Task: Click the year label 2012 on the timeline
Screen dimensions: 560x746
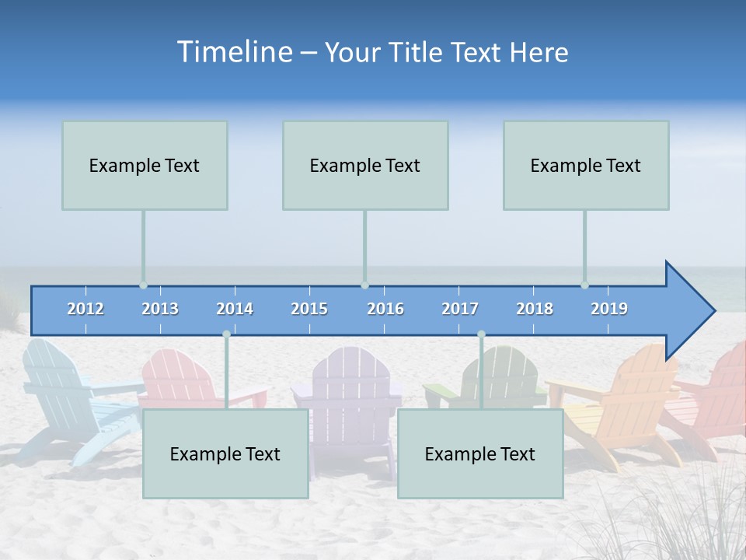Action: tap(85, 309)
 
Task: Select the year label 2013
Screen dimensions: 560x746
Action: tap(160, 309)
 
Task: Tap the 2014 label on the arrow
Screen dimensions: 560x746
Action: tap(235, 309)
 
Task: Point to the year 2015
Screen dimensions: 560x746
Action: tap(309, 309)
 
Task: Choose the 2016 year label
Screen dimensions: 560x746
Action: tap(385, 309)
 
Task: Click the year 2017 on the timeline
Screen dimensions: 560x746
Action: tap(460, 309)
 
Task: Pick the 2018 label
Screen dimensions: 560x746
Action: tap(535, 309)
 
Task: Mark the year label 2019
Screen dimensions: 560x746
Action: tap(609, 309)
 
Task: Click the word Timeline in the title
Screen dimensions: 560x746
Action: tap(233, 52)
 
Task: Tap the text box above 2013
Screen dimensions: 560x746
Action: tap(145, 165)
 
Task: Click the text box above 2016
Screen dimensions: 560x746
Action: tap(365, 165)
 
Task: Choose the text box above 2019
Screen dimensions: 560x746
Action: tap(586, 165)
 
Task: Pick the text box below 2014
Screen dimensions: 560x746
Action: tap(225, 453)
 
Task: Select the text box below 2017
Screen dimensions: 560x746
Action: tap(480, 453)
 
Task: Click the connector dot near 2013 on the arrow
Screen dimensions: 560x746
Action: tap(144, 285)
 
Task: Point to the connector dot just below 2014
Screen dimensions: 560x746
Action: tap(226, 334)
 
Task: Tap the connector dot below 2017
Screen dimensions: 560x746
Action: tap(481, 334)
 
